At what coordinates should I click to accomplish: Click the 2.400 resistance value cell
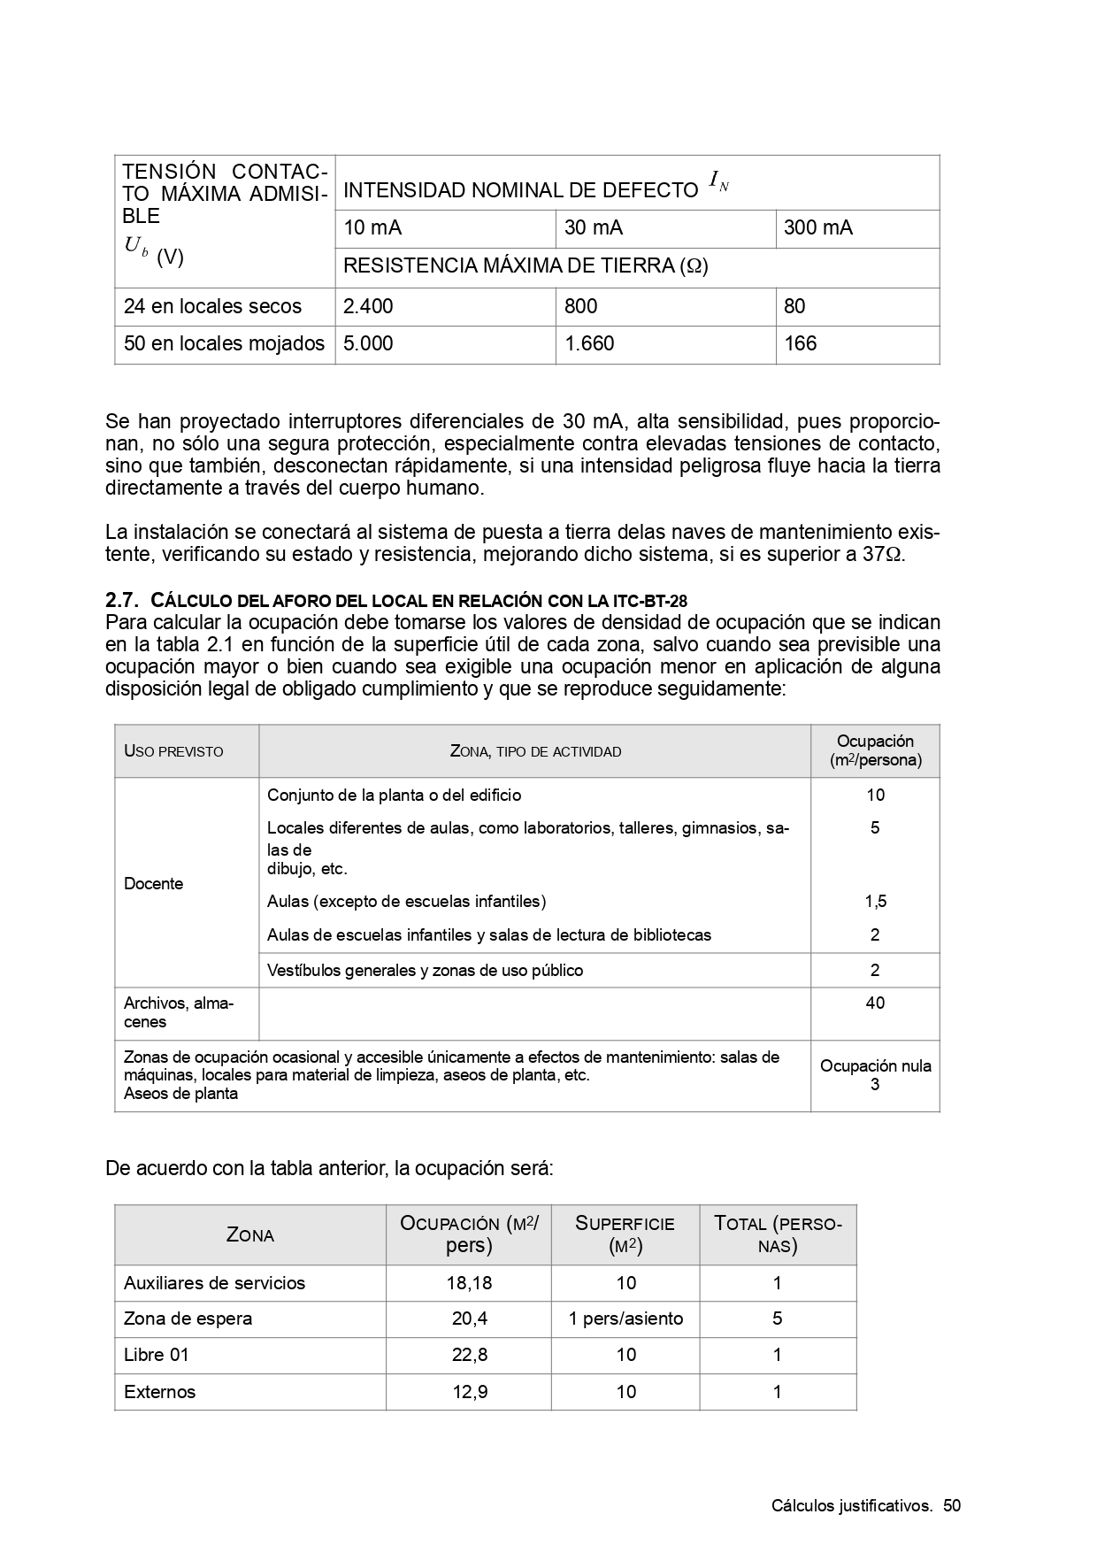click(x=368, y=306)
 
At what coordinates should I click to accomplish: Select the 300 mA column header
click(x=818, y=228)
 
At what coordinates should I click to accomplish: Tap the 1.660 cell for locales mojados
click(x=589, y=343)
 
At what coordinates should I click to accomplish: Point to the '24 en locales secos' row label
click(x=212, y=306)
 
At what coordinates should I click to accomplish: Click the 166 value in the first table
click(x=801, y=343)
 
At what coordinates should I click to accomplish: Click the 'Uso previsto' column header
click(x=173, y=751)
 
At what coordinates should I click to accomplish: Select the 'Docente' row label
click(x=154, y=883)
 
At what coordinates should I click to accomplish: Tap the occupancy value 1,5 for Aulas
click(x=875, y=902)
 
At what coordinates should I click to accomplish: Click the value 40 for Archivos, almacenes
click(x=875, y=1003)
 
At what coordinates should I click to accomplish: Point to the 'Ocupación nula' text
click(x=875, y=1066)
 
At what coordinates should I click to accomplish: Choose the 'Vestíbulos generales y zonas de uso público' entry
click(x=425, y=971)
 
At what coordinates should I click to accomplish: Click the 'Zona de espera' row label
click(x=188, y=1319)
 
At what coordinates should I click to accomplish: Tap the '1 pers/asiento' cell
click(x=625, y=1319)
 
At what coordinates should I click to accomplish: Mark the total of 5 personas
click(x=777, y=1319)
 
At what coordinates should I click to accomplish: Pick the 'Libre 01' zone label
click(x=157, y=1355)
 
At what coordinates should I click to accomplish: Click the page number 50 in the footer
click(x=951, y=1506)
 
